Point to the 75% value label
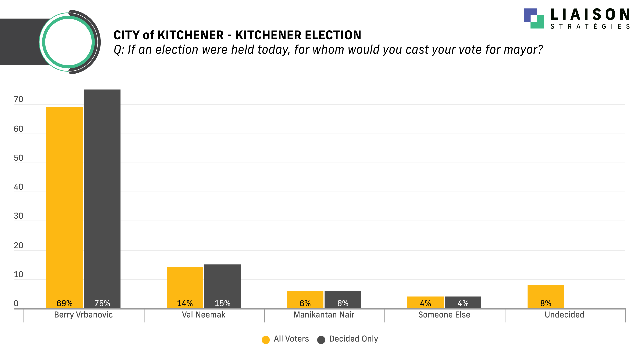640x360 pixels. coord(102,303)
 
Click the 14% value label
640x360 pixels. coord(185,303)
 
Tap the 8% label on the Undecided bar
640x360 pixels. coord(546,303)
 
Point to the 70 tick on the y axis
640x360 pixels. coord(19,99)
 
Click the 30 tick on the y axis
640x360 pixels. coord(19,216)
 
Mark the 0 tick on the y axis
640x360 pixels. coord(16,303)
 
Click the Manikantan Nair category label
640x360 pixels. coord(324,315)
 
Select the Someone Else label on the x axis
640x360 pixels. coord(444,315)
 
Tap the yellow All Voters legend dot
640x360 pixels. coord(266,340)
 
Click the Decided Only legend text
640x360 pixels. coord(353,339)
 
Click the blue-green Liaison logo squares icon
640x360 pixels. coord(534,18)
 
